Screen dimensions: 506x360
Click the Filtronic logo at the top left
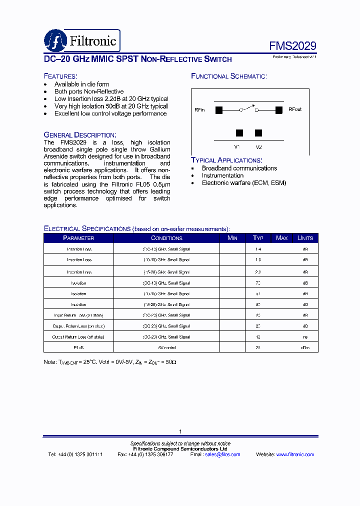pyautogui.click(x=82, y=40)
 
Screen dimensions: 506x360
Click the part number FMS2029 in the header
pyautogui.click(x=292, y=46)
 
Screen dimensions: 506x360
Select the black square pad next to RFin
pyautogui.click(x=218, y=109)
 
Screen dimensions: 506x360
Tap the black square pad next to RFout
pyautogui.click(x=278, y=109)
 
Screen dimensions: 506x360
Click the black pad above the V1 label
pyautogui.click(x=239, y=133)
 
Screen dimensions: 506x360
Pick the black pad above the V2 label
pyautogui.click(x=258, y=133)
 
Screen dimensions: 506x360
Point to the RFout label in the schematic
pyautogui.click(x=294, y=109)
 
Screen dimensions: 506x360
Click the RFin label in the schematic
pyautogui.click(x=199, y=109)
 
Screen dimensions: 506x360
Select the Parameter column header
pyautogui.click(x=78, y=238)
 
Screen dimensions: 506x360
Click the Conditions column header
pyautogui.click(x=166, y=238)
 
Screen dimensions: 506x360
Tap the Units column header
pyautogui.click(x=305, y=238)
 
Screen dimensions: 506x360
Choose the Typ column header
pyautogui.click(x=258, y=238)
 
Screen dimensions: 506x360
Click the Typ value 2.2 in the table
pyautogui.click(x=258, y=272)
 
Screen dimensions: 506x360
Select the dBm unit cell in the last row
pyautogui.click(x=305, y=347)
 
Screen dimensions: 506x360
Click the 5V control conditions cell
pyautogui.click(x=166, y=347)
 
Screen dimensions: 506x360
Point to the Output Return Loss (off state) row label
pyautogui.click(x=78, y=337)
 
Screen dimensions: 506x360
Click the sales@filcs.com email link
pyautogui.click(x=222, y=454)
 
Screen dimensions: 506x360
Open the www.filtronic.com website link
pyautogui.click(x=295, y=454)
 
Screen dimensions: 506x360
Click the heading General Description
pyautogui.click(x=80, y=135)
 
